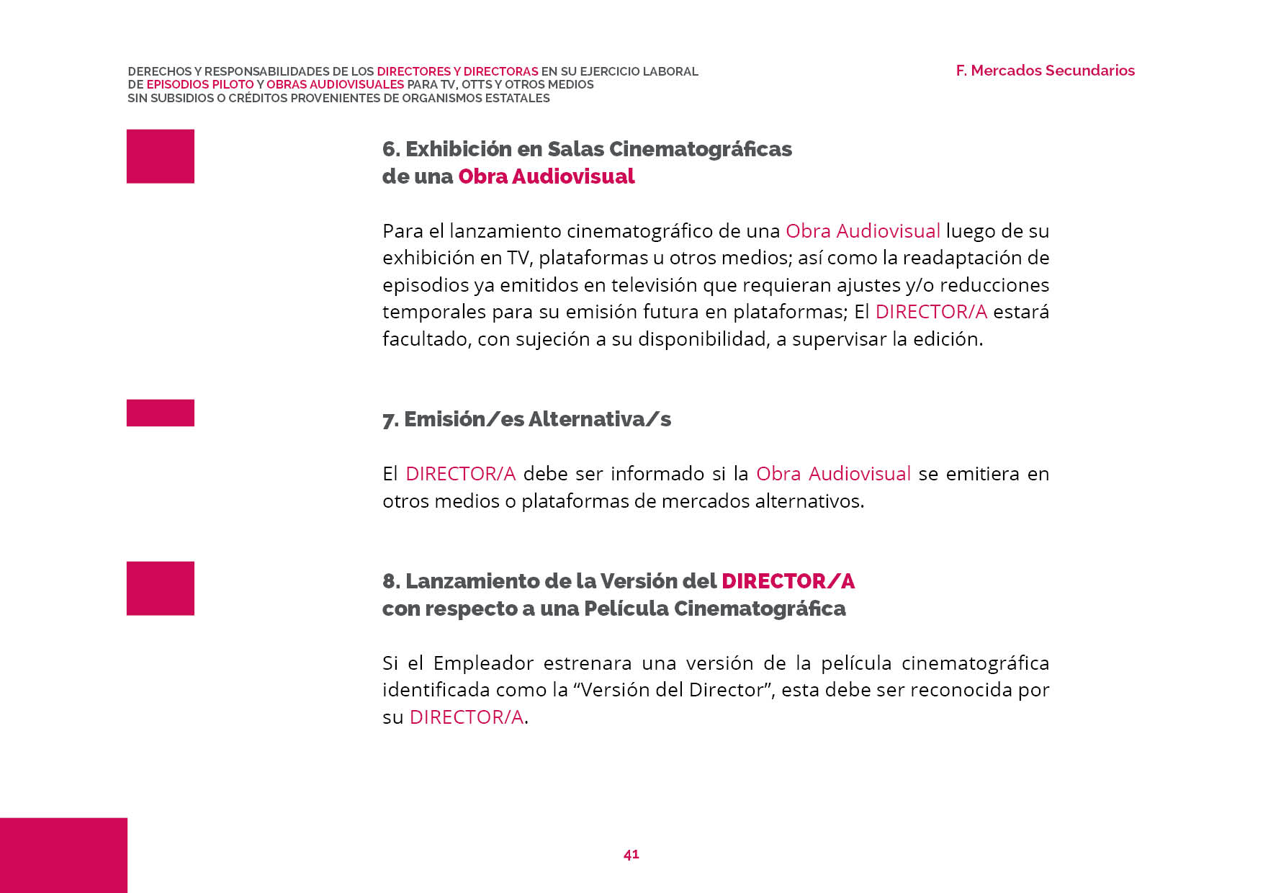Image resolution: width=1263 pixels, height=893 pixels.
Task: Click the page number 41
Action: [x=631, y=854]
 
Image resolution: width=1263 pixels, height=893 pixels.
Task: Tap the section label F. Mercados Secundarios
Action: [x=1045, y=71]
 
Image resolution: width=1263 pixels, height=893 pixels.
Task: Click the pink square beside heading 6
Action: [x=161, y=156]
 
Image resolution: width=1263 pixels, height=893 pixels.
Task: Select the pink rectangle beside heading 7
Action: [x=161, y=413]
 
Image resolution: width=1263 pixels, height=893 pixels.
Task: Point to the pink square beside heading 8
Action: [x=161, y=588]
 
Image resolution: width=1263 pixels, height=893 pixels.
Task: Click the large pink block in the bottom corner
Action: [x=63, y=855]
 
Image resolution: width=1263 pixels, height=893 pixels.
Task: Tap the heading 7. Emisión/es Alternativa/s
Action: [x=526, y=419]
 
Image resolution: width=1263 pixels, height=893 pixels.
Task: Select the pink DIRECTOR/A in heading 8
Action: [x=788, y=581]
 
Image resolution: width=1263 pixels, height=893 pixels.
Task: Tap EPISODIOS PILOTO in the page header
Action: [x=200, y=85]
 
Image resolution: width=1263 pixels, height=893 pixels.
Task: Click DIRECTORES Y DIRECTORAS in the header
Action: [x=457, y=72]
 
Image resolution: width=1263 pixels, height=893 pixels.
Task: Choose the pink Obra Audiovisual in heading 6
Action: [x=546, y=176]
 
